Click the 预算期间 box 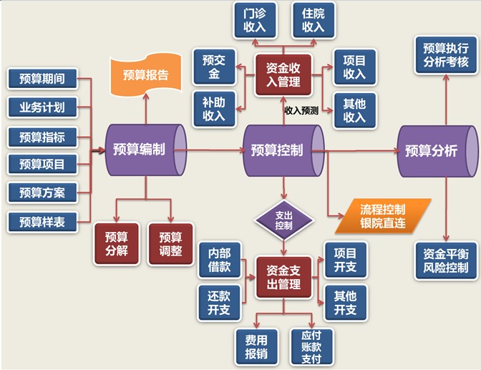point(42,79)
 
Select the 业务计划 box point(42,107)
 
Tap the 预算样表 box point(42,222)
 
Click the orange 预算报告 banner point(146,74)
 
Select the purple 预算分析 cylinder point(436,150)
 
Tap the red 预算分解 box point(115,244)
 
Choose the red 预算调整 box point(170,244)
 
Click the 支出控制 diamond point(283,220)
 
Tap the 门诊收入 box point(255,20)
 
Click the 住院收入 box point(313,20)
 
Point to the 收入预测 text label point(301,111)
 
